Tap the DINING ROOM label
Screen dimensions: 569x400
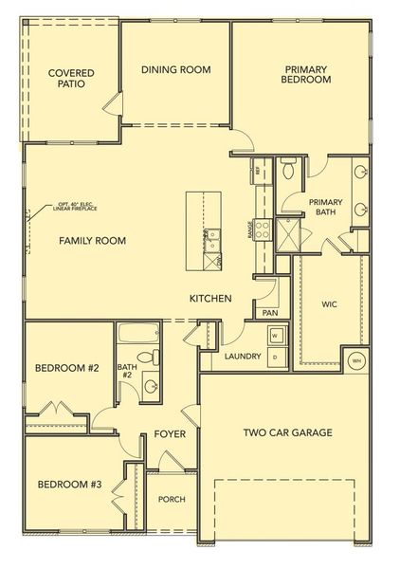tap(175, 69)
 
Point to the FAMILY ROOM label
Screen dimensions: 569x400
tap(92, 241)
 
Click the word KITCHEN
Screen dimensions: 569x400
tap(210, 299)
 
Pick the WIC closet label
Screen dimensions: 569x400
tap(329, 305)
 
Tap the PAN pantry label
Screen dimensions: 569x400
tap(270, 312)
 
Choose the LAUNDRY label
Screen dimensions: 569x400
tap(243, 357)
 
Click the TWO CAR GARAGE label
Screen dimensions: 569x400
tap(287, 433)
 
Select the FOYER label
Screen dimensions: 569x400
tap(169, 434)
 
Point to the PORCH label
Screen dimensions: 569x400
tap(172, 500)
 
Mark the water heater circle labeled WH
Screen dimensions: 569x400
tap(356, 360)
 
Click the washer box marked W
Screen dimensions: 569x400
tap(274, 336)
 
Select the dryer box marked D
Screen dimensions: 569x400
tap(274, 356)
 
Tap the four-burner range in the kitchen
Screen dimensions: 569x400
tap(264, 229)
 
